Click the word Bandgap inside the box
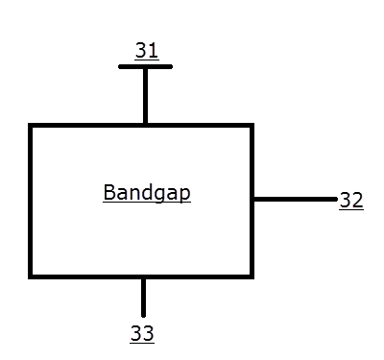coord(146,193)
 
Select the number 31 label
coord(146,52)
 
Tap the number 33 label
coord(142,334)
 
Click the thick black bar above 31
coord(147,41)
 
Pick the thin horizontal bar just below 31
coord(145,67)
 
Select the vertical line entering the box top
coord(145,96)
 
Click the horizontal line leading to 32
coord(295,200)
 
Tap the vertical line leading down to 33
coord(143,297)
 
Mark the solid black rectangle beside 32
coord(362,213)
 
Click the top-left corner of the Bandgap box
coord(31,126)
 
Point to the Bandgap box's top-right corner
coord(252,126)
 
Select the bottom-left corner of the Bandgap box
coord(31,276)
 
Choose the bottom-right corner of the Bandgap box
coord(252,276)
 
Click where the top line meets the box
coord(145,125)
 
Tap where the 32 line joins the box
coord(252,200)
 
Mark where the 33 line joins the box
coord(143,277)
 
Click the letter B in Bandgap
coord(108,192)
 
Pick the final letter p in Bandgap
coord(184,195)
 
